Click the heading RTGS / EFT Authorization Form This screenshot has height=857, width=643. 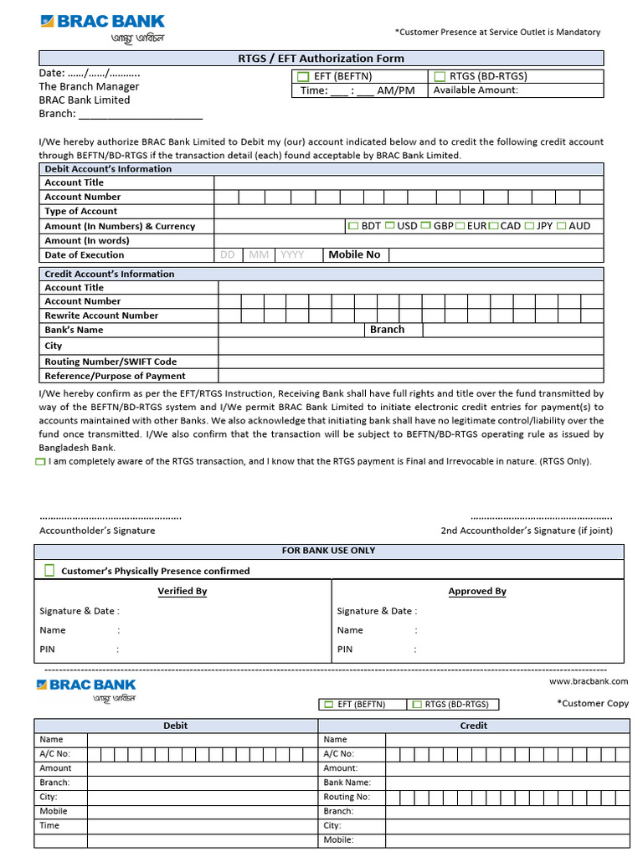(321, 59)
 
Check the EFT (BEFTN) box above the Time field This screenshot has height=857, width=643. (304, 77)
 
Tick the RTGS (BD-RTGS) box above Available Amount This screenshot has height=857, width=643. (440, 77)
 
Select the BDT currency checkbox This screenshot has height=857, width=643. (352, 226)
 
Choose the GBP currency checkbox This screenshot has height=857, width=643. (425, 226)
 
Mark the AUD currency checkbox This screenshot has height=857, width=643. (561, 226)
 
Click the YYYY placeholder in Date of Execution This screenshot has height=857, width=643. (292, 255)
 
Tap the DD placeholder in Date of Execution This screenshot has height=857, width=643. (227, 255)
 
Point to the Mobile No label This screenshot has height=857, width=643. (354, 254)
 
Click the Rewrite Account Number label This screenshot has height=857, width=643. (101, 316)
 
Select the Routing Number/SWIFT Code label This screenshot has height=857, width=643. (111, 362)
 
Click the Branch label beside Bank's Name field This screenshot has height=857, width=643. (387, 330)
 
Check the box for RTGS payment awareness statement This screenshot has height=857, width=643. (42, 462)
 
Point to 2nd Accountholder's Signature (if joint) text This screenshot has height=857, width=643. (527, 531)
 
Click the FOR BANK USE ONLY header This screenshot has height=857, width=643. (328, 551)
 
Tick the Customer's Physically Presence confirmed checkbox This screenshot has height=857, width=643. (49, 571)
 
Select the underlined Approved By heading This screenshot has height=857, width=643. (477, 591)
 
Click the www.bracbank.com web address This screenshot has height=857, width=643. (589, 681)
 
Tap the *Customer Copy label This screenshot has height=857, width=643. (592, 704)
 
